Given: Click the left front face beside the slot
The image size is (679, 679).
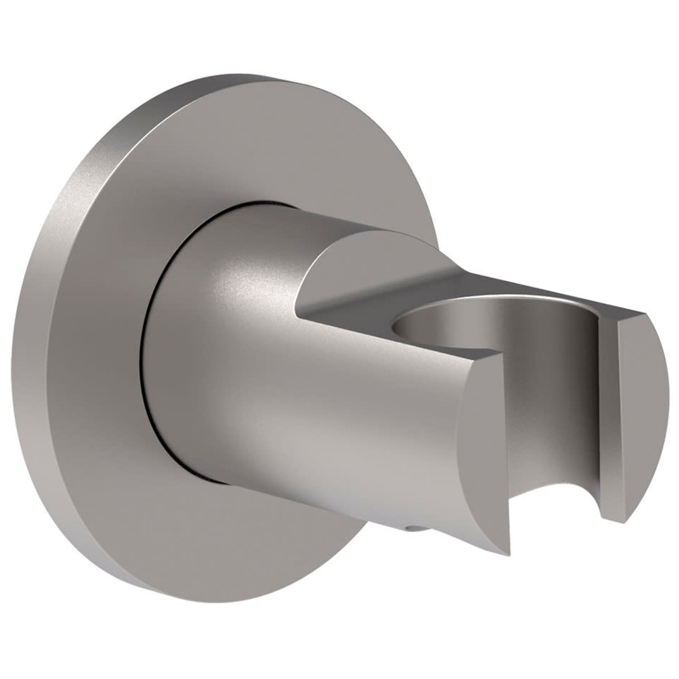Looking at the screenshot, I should [480, 453].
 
